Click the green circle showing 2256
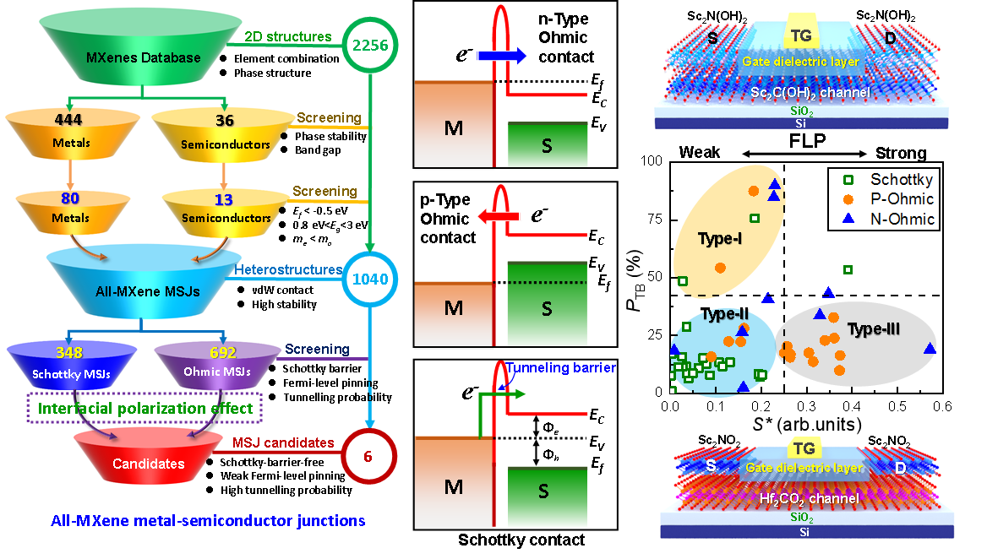(x=369, y=45)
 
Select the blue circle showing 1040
(x=369, y=279)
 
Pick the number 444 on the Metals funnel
(x=68, y=121)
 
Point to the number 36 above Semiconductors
(x=225, y=121)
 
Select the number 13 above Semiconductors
(x=225, y=199)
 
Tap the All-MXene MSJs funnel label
(x=148, y=291)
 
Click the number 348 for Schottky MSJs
(x=70, y=352)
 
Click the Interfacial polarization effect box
(x=145, y=408)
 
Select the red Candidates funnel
(x=148, y=464)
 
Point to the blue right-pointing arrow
(x=501, y=56)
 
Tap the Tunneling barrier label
(x=561, y=367)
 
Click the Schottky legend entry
(x=891, y=179)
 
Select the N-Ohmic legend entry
(x=891, y=220)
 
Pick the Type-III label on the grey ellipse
(x=873, y=330)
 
